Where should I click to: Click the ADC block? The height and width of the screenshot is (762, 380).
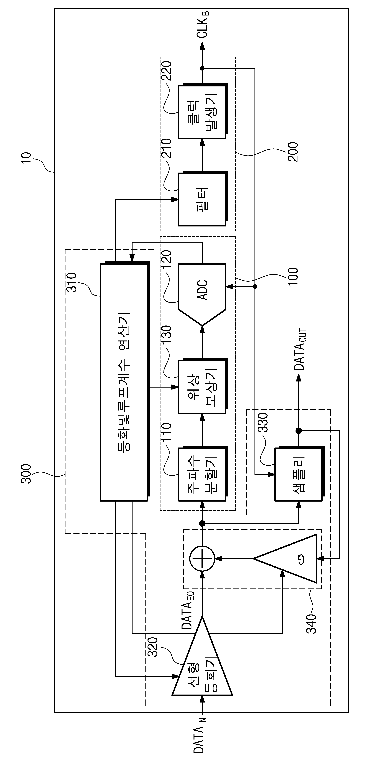[202, 294]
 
